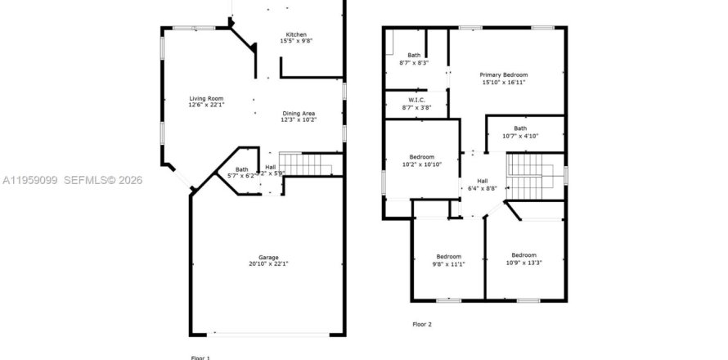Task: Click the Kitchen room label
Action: coord(296,34)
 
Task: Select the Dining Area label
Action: coord(299,113)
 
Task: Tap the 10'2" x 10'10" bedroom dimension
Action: coord(423,164)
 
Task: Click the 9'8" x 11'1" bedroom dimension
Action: coord(449,263)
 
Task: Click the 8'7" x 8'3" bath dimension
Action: coord(413,62)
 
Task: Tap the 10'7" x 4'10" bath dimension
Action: coord(521,135)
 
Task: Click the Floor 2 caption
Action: coord(422,324)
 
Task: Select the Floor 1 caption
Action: coord(200,358)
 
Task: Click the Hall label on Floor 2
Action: coord(483,182)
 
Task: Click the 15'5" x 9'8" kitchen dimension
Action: coord(296,41)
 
